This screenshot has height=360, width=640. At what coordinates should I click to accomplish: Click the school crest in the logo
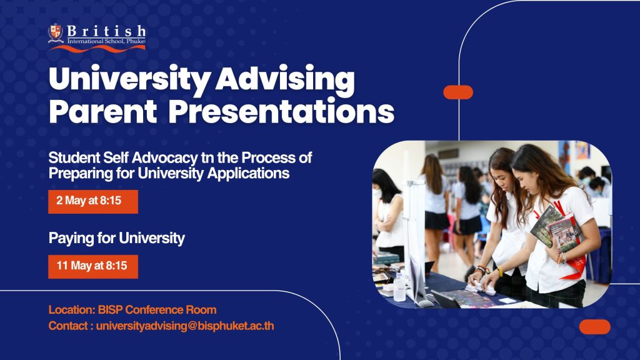tap(56, 33)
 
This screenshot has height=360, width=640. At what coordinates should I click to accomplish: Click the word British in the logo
tap(106, 31)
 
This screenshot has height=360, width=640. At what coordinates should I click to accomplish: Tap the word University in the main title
tap(129, 79)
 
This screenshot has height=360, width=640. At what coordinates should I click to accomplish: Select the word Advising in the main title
tap(285, 79)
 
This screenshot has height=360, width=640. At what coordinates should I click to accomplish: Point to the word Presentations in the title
tap(281, 111)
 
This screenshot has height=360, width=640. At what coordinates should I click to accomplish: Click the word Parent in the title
tap(103, 111)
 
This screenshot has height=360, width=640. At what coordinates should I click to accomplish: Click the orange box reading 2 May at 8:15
tap(93, 202)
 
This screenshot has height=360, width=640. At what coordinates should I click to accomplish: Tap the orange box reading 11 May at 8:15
tap(93, 266)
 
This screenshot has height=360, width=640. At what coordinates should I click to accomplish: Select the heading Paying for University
tap(117, 238)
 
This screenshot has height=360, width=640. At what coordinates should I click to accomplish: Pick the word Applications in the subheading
tap(248, 174)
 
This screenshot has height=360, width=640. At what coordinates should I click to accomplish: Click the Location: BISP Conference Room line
tap(132, 310)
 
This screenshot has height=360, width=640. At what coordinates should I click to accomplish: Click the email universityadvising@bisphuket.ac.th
tap(185, 326)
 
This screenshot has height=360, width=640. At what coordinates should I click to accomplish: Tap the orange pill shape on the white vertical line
tap(458, 92)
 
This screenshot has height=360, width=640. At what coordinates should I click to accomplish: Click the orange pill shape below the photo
tap(595, 327)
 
